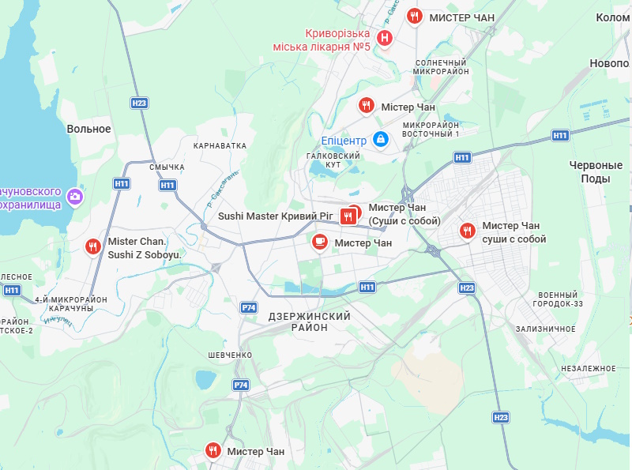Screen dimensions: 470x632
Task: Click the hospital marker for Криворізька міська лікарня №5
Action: [x=385, y=37]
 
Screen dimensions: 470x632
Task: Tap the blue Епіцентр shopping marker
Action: [x=381, y=139]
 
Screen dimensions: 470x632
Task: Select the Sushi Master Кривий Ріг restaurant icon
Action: [x=347, y=216]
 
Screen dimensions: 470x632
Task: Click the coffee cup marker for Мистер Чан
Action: [x=319, y=242]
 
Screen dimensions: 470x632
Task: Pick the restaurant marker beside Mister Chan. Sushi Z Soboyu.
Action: [x=93, y=246]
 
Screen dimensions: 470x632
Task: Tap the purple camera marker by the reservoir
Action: [x=75, y=195]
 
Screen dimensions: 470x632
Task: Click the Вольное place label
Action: [x=88, y=129]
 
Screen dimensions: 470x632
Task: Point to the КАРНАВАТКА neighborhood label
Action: [x=220, y=146]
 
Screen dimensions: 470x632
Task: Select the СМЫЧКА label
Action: [x=167, y=167]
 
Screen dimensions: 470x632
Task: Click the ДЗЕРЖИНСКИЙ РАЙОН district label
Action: [x=309, y=321]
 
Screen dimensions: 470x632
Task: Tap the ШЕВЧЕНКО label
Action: [x=230, y=355]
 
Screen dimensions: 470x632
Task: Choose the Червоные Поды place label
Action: [x=596, y=171]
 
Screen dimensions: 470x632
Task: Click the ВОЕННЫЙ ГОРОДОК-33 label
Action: [x=559, y=299]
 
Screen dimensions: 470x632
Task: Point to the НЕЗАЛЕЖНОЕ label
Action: [x=588, y=369]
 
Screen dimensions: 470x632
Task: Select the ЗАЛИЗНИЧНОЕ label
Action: [x=545, y=329]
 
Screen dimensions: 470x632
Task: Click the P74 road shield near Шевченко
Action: [x=241, y=385]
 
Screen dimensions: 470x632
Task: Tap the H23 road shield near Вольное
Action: [x=139, y=103]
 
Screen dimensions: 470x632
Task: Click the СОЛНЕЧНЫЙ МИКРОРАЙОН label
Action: [x=442, y=67]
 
